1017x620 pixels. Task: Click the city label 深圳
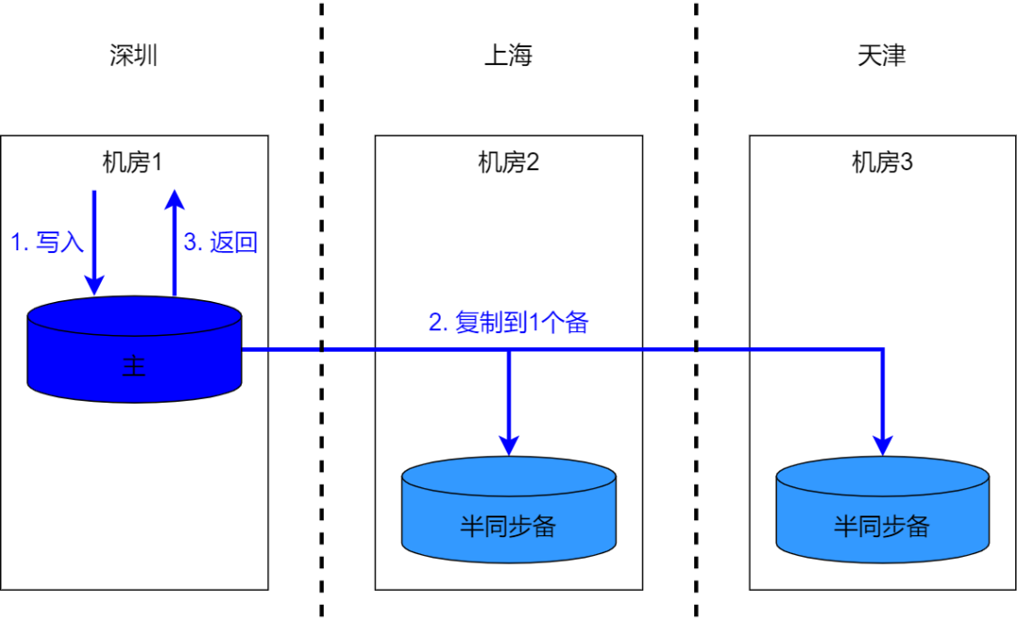pyautogui.click(x=134, y=56)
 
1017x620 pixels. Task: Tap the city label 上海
pyautogui.click(x=508, y=56)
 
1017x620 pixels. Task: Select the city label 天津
pyautogui.click(x=881, y=56)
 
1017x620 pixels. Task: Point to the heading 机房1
pyautogui.click(x=134, y=163)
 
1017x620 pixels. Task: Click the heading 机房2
pyautogui.click(x=508, y=163)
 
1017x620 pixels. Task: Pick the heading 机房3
pyautogui.click(x=882, y=163)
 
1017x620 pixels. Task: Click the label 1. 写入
pyautogui.click(x=47, y=243)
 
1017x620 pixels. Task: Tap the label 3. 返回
pyautogui.click(x=220, y=243)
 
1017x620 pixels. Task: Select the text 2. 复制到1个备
pyautogui.click(x=508, y=323)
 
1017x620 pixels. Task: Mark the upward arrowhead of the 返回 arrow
pyautogui.click(x=173, y=199)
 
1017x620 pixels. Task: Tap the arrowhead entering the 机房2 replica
pyautogui.click(x=508, y=443)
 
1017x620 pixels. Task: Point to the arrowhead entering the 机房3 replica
pyautogui.click(x=882, y=443)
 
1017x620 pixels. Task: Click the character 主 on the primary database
pyautogui.click(x=135, y=366)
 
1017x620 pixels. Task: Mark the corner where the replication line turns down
pyautogui.click(x=882, y=350)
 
